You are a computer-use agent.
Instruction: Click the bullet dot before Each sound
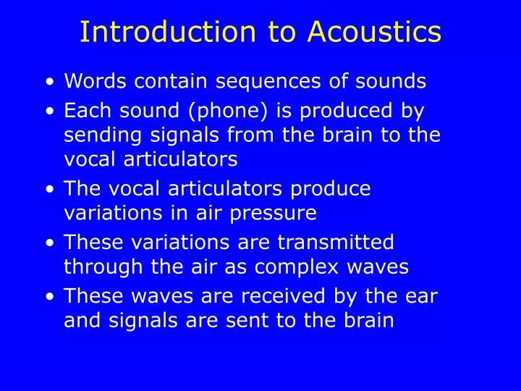click(48, 112)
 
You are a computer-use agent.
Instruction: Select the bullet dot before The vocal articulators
click(48, 190)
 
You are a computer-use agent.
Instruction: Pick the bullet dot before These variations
click(48, 243)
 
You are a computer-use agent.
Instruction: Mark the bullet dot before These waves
click(48, 296)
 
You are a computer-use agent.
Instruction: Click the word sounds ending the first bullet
click(396, 82)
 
